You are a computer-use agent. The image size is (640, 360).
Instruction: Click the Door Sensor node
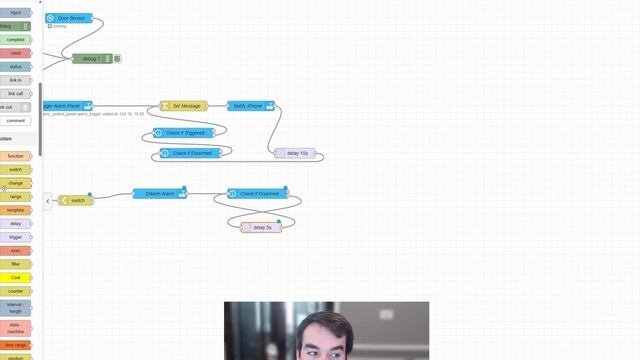pyautogui.click(x=69, y=18)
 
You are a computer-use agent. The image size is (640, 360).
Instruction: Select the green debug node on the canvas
pyautogui.click(x=92, y=59)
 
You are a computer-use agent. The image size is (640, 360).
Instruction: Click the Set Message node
pyautogui.click(x=185, y=106)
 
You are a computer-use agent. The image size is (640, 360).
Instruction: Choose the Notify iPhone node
pyautogui.click(x=249, y=106)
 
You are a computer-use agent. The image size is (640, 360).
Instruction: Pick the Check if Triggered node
pyautogui.click(x=184, y=132)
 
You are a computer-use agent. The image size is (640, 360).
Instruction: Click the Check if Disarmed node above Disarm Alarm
pyautogui.click(x=194, y=153)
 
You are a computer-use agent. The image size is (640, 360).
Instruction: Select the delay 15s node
pyautogui.click(x=296, y=153)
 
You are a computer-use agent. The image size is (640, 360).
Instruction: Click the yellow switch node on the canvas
pyautogui.click(x=76, y=200)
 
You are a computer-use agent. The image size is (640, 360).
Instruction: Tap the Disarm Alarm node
pyautogui.click(x=160, y=193)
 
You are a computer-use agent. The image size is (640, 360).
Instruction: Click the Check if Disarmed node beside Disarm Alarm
pyautogui.click(x=256, y=193)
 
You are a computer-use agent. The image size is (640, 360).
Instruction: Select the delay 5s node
pyautogui.click(x=261, y=227)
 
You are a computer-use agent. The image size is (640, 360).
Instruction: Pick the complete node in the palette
pyautogui.click(x=16, y=39)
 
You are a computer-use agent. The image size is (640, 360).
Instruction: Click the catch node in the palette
pyautogui.click(x=16, y=53)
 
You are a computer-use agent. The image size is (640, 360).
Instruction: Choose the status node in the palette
pyautogui.click(x=16, y=66)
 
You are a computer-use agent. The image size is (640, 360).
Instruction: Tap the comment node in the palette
pyautogui.click(x=16, y=120)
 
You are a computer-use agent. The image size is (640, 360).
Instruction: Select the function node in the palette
pyautogui.click(x=16, y=156)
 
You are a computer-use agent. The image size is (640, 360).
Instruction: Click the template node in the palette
pyautogui.click(x=16, y=210)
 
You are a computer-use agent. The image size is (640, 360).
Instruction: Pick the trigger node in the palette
pyautogui.click(x=16, y=237)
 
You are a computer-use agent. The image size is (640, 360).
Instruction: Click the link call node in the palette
pyautogui.click(x=16, y=93)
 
